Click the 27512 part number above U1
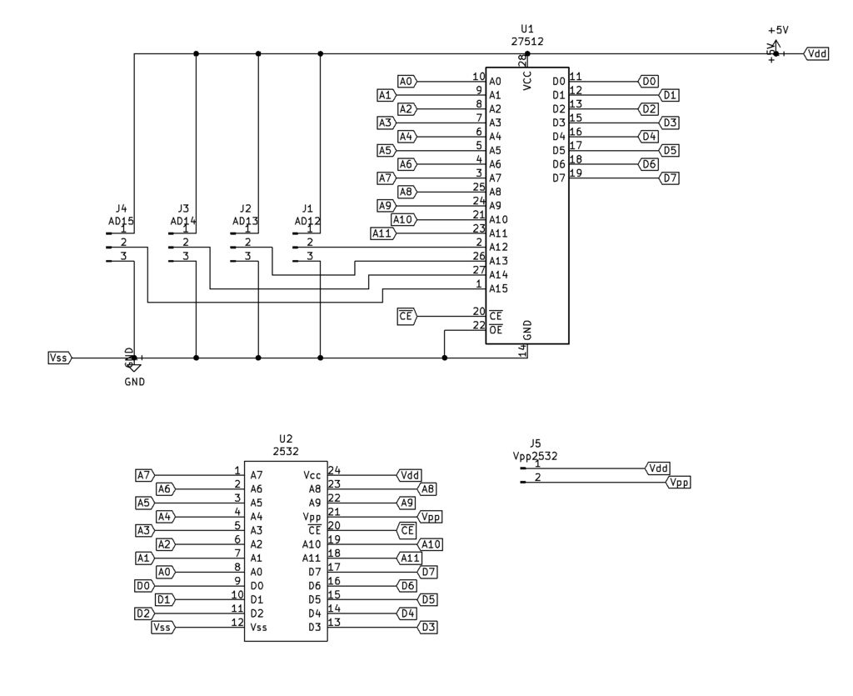tap(527, 40)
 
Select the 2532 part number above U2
tap(286, 451)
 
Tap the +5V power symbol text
tap(778, 29)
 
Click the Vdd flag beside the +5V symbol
tap(816, 53)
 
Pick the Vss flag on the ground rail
tap(60, 358)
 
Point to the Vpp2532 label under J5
tap(535, 456)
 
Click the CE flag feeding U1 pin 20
tap(407, 316)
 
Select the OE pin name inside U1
tap(496, 330)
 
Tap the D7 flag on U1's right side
tap(669, 178)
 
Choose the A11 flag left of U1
tap(382, 233)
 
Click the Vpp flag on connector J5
tap(679, 482)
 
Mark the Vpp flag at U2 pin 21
tap(430, 517)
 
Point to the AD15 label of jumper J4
tap(122, 221)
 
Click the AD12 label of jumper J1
tap(307, 221)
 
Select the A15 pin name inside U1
tap(498, 288)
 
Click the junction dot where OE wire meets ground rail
tap(445, 358)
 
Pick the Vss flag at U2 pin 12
tap(162, 627)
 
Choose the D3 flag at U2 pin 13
tap(428, 627)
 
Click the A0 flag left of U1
tap(407, 81)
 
